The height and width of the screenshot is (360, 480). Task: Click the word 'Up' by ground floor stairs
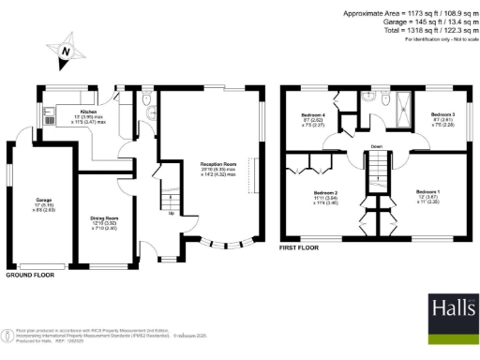171,213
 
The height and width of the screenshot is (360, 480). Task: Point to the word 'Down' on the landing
375,147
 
